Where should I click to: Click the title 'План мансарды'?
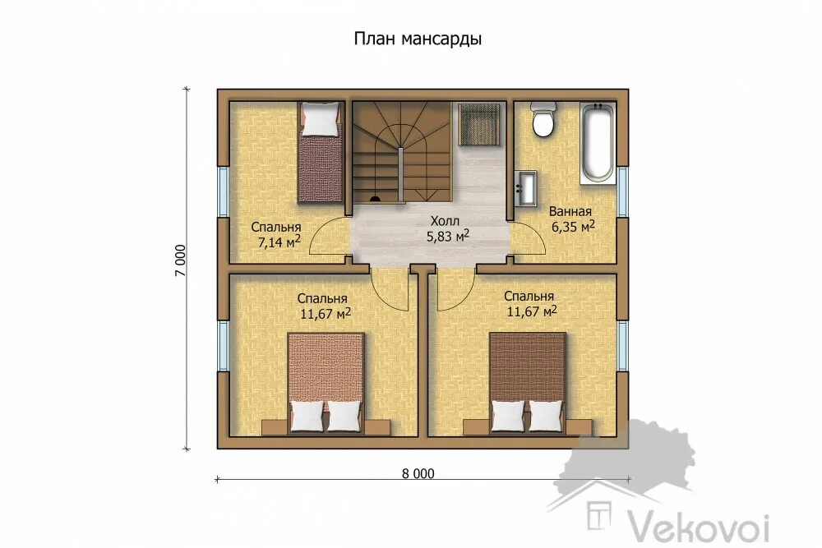[418, 39]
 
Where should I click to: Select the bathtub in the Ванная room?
[597, 143]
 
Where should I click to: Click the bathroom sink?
[525, 188]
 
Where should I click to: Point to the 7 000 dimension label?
[180, 260]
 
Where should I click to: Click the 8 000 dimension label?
[418, 473]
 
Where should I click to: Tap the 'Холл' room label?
[445, 220]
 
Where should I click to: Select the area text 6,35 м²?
[572, 226]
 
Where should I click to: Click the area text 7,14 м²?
[279, 242]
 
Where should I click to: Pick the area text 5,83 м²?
[447, 236]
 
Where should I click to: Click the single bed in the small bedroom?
[320, 153]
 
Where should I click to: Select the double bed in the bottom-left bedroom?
[326, 384]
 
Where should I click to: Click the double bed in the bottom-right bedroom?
[528, 384]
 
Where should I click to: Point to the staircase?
[401, 152]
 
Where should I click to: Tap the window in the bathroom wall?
[622, 191]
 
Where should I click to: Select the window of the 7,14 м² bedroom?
[223, 191]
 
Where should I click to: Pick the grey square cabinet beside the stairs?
[479, 123]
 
